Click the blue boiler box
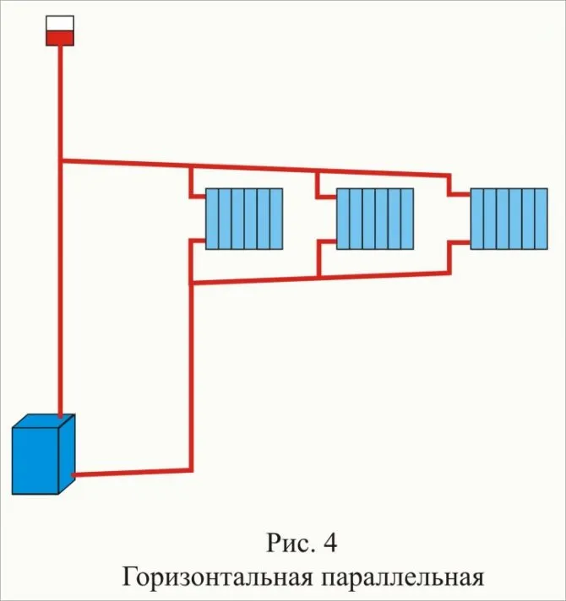43,454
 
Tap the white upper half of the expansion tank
60,24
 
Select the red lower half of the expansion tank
60,39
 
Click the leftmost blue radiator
244,219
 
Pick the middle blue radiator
375,219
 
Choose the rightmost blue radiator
509,219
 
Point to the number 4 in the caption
330,543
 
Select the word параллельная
403,577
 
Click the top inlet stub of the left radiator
198,197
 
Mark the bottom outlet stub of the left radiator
198,241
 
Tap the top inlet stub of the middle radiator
326,197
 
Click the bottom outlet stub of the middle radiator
327,241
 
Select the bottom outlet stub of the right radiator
460,242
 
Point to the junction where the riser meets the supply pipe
60,160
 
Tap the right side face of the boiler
67,454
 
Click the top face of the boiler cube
44,421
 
